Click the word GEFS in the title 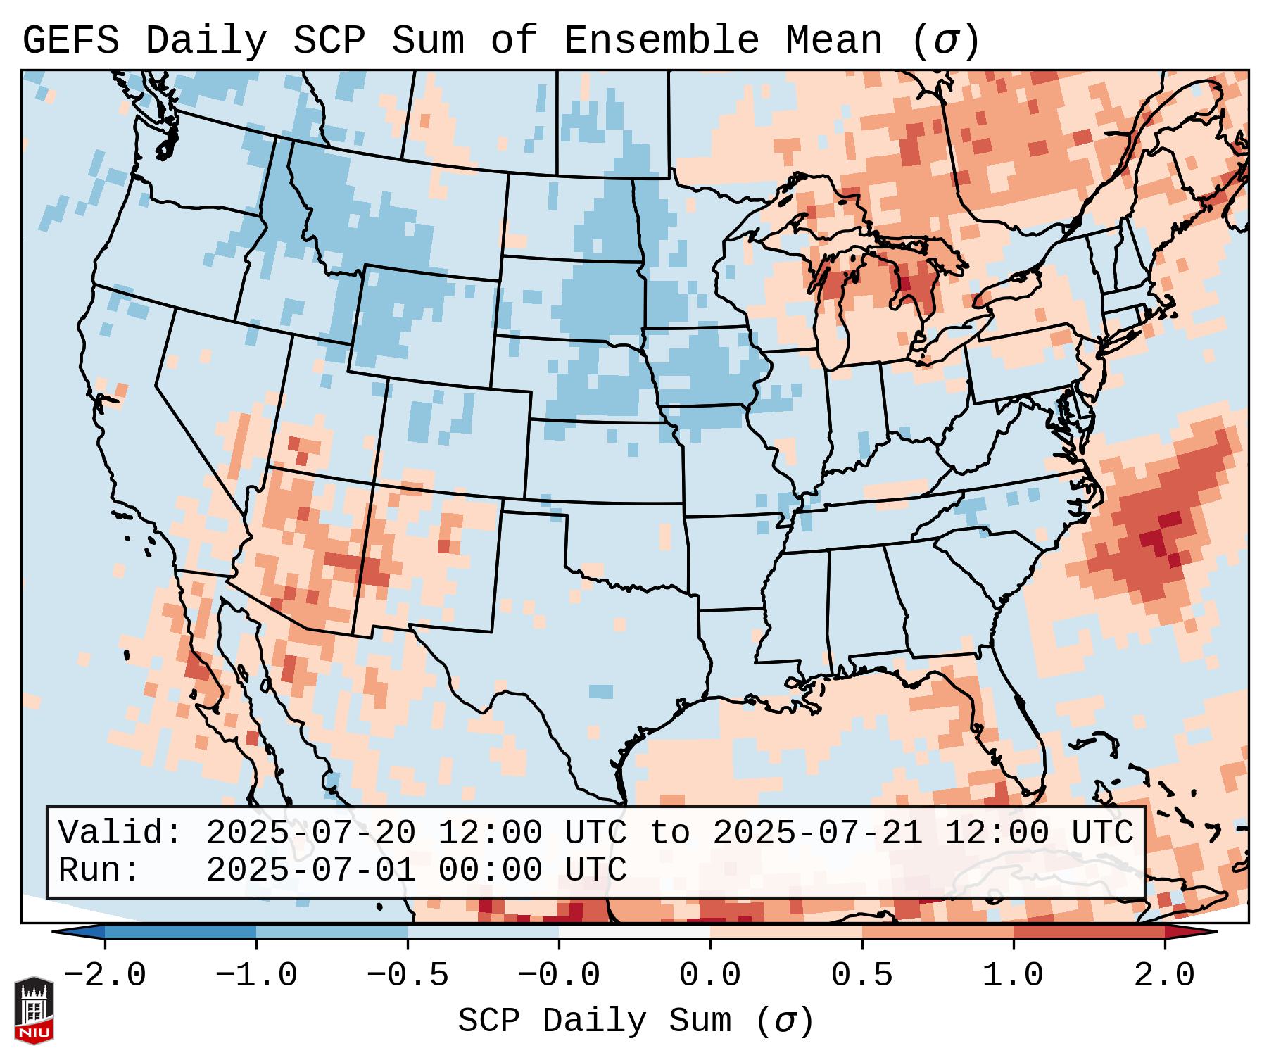pyautogui.click(x=70, y=41)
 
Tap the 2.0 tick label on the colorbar pyautogui.click(x=1164, y=976)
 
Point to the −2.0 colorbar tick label pyautogui.click(x=105, y=976)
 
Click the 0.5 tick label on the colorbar pyautogui.click(x=861, y=976)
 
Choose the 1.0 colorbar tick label pyautogui.click(x=1013, y=976)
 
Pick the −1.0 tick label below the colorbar pyautogui.click(x=256, y=976)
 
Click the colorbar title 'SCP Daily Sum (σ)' pyautogui.click(x=636, y=1021)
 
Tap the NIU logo pyautogui.click(x=34, y=1011)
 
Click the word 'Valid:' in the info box pyautogui.click(x=120, y=833)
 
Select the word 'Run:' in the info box pyautogui.click(x=99, y=870)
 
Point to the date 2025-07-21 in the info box pyautogui.click(x=817, y=833)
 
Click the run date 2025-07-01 pyautogui.click(x=310, y=870)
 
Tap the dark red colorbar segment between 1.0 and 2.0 pyautogui.click(x=1088, y=932)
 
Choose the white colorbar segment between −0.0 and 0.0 pyautogui.click(x=634, y=932)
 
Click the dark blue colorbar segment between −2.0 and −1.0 pyautogui.click(x=180, y=932)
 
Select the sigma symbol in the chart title pyautogui.click(x=945, y=41)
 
